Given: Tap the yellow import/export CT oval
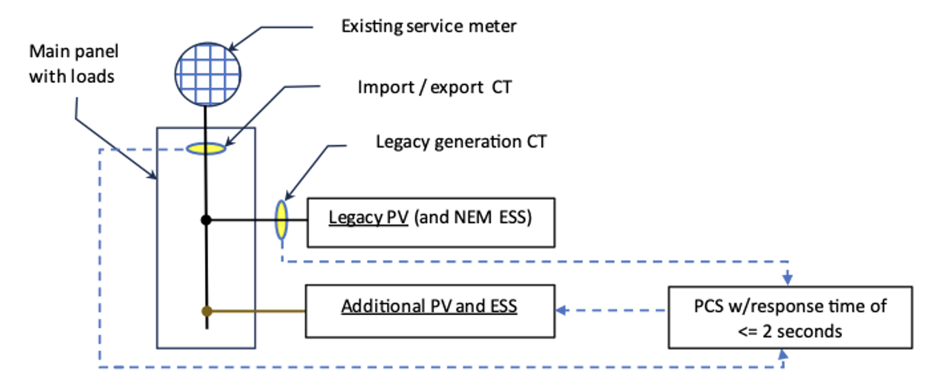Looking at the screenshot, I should pyautogui.click(x=206, y=148).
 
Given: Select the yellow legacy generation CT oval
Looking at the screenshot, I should pyautogui.click(x=281, y=220).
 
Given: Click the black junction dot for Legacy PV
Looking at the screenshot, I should pyautogui.click(x=206, y=220).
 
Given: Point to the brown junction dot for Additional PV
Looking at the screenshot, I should pyautogui.click(x=206, y=311).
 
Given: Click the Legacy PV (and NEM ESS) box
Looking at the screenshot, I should pyautogui.click(x=430, y=222).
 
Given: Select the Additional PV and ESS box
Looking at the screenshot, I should pyautogui.click(x=430, y=311).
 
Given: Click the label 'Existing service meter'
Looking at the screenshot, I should pyautogui.click(x=429, y=27).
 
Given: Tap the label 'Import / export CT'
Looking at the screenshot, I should pyautogui.click(x=434, y=88).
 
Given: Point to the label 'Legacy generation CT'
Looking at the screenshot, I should pyautogui.click(x=461, y=142).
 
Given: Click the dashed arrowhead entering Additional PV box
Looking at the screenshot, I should pyautogui.click(x=561, y=311).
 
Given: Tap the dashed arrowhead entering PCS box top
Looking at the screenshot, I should pyautogui.click(x=788, y=280).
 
